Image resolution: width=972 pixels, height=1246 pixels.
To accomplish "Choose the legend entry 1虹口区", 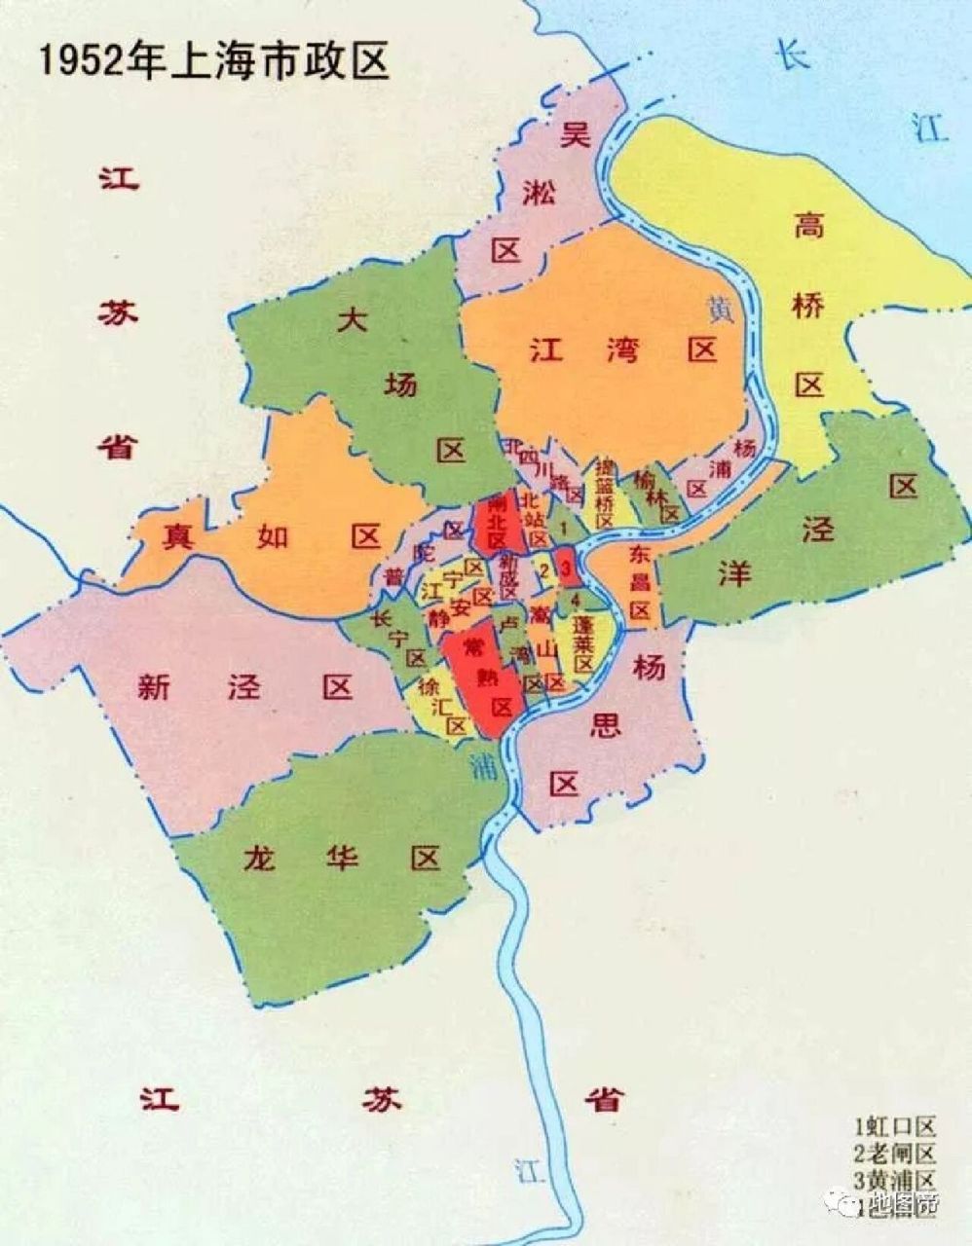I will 894,1128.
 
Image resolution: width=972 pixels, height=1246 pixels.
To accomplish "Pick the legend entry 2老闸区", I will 894,1154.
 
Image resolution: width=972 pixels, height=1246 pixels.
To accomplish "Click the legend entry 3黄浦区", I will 894,1180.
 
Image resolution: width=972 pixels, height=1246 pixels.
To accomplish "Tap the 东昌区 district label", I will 638,583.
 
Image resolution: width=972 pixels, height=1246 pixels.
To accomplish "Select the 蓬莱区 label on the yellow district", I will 582,642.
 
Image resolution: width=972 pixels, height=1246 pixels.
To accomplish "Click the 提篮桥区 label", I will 604,492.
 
